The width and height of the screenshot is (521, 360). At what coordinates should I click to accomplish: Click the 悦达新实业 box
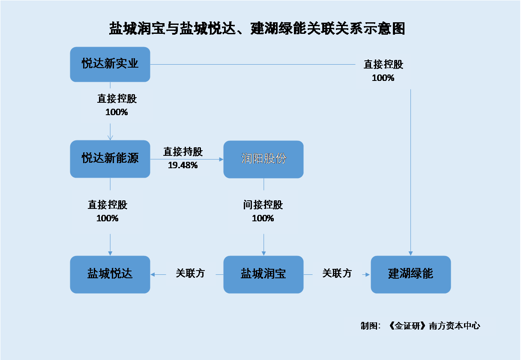(x=110, y=64)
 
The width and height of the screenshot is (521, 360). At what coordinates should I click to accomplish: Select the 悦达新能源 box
(x=110, y=159)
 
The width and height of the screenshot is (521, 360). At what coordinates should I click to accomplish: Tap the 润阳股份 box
(x=263, y=159)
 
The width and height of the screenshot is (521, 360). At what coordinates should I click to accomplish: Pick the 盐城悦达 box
(x=110, y=274)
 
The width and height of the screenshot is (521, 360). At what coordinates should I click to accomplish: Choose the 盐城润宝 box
(x=263, y=274)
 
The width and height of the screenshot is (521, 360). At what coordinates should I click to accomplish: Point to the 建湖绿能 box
(x=411, y=274)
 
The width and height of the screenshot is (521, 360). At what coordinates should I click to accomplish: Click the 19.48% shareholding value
(x=183, y=165)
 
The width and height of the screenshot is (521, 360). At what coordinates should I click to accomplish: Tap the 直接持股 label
(x=183, y=152)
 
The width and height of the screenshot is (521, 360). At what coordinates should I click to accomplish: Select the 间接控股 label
(x=263, y=205)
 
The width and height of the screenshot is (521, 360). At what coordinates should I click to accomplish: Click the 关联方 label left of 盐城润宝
(x=190, y=273)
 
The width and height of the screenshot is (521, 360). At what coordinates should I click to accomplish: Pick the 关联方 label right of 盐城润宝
(x=337, y=273)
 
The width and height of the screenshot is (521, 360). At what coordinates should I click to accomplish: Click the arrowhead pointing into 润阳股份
(x=221, y=159)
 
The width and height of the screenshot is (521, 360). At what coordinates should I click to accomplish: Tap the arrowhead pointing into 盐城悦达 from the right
(x=153, y=274)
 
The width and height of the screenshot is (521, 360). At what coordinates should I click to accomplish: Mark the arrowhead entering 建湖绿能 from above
(x=411, y=253)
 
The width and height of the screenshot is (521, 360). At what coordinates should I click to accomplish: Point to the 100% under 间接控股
(x=263, y=218)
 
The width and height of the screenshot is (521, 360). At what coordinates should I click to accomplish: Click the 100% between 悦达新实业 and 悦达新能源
(x=117, y=112)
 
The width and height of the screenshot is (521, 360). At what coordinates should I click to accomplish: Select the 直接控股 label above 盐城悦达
(x=108, y=205)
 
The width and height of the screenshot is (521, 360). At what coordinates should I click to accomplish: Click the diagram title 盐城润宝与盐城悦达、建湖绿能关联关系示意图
(x=257, y=29)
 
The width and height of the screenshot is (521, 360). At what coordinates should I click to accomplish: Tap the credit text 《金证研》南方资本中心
(x=434, y=326)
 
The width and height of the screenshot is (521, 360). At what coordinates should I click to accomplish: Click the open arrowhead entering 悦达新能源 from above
(x=110, y=137)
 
